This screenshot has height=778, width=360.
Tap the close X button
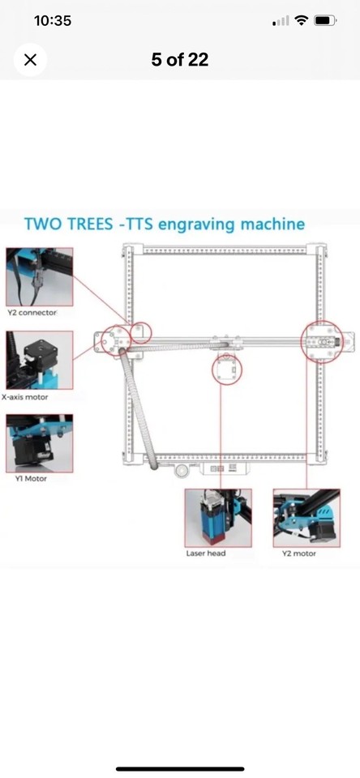tap(30, 60)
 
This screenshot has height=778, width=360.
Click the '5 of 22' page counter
tap(179, 60)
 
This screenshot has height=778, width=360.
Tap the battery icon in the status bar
tap(326, 20)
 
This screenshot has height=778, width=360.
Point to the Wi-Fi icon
tap(301, 20)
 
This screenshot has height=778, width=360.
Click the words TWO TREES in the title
tap(69, 224)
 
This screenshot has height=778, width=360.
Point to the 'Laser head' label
tap(205, 554)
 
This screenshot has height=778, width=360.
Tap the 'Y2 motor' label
tap(298, 554)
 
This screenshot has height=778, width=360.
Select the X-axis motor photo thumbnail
tap(39, 361)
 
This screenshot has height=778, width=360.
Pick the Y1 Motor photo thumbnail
tap(39, 443)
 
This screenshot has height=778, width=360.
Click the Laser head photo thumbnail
tap(218, 517)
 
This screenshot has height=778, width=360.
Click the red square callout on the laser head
tap(225, 369)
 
